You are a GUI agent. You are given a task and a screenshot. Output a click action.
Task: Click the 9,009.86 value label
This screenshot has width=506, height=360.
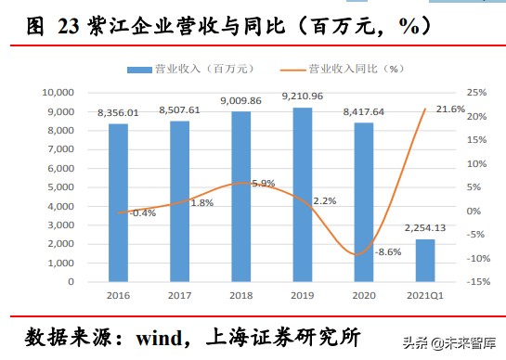[240, 100]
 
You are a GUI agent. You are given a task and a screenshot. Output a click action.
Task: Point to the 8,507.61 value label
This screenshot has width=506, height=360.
[178, 109]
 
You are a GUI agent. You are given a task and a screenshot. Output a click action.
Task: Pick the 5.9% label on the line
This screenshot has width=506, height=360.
[263, 184]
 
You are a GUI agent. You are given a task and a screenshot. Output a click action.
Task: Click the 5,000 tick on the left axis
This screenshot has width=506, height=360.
[61, 187]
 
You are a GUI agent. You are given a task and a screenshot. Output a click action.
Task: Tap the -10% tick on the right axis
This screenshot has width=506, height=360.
[474, 258]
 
